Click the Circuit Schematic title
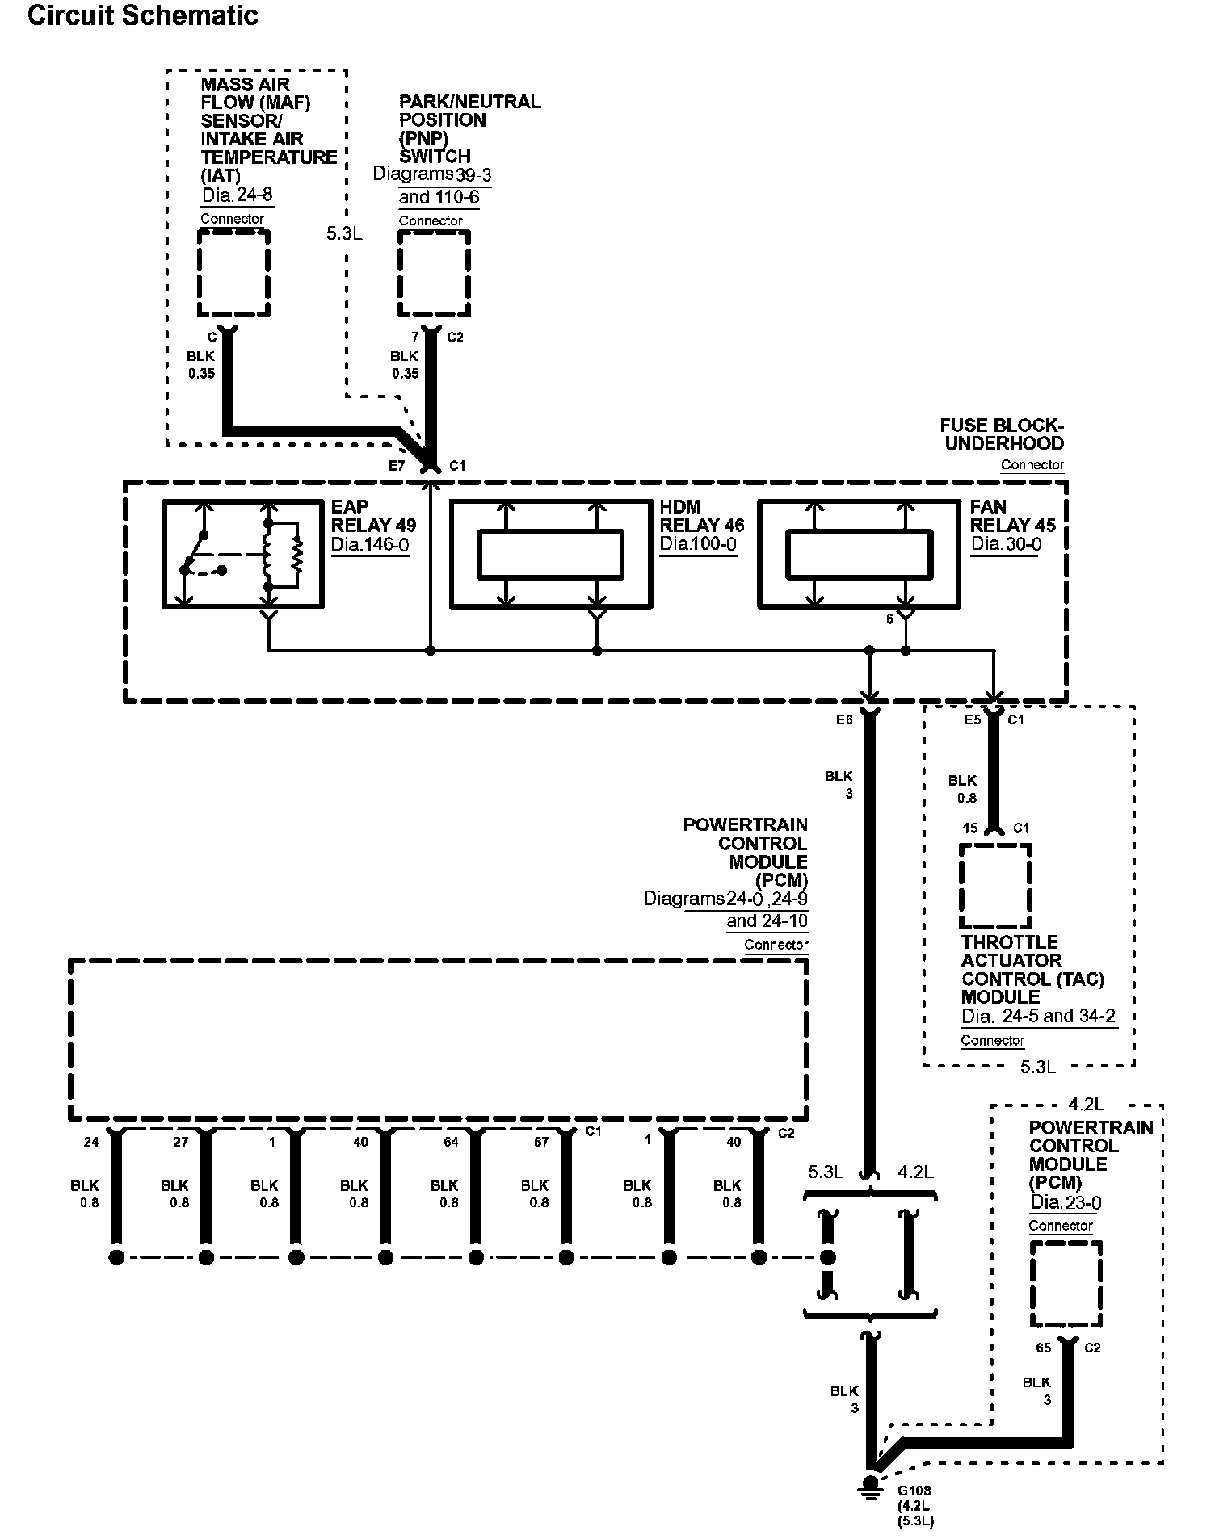[x=143, y=16]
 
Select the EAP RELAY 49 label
[x=373, y=516]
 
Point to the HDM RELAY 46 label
[x=702, y=516]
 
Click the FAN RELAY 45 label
[x=1013, y=516]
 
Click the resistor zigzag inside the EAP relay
[x=296, y=556]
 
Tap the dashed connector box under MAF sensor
[x=233, y=274]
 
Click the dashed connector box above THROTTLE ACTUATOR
[x=995, y=887]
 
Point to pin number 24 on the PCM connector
[x=91, y=1142]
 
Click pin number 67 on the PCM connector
[x=541, y=1142]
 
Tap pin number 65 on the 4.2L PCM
[x=1044, y=1348]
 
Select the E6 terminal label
[x=844, y=720]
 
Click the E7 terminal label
[x=397, y=466]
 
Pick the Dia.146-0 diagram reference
[x=370, y=544]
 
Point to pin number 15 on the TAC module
[x=970, y=828]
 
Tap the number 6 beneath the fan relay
[x=890, y=619]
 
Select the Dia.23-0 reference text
[x=1066, y=1202]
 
